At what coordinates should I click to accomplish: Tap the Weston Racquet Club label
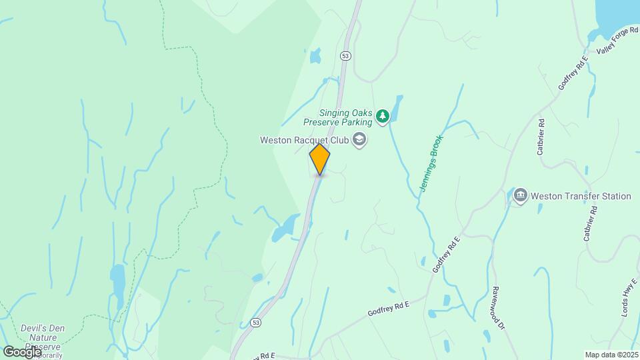coord(304,140)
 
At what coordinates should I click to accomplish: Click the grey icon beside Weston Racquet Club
coord(360,140)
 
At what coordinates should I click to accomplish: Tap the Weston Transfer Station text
coord(581,196)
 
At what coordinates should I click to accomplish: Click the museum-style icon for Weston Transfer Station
coord(521,196)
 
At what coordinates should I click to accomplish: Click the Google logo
coord(21,351)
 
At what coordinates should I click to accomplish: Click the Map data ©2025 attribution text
coord(612,355)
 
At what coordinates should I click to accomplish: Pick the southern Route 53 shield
coord(256,322)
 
